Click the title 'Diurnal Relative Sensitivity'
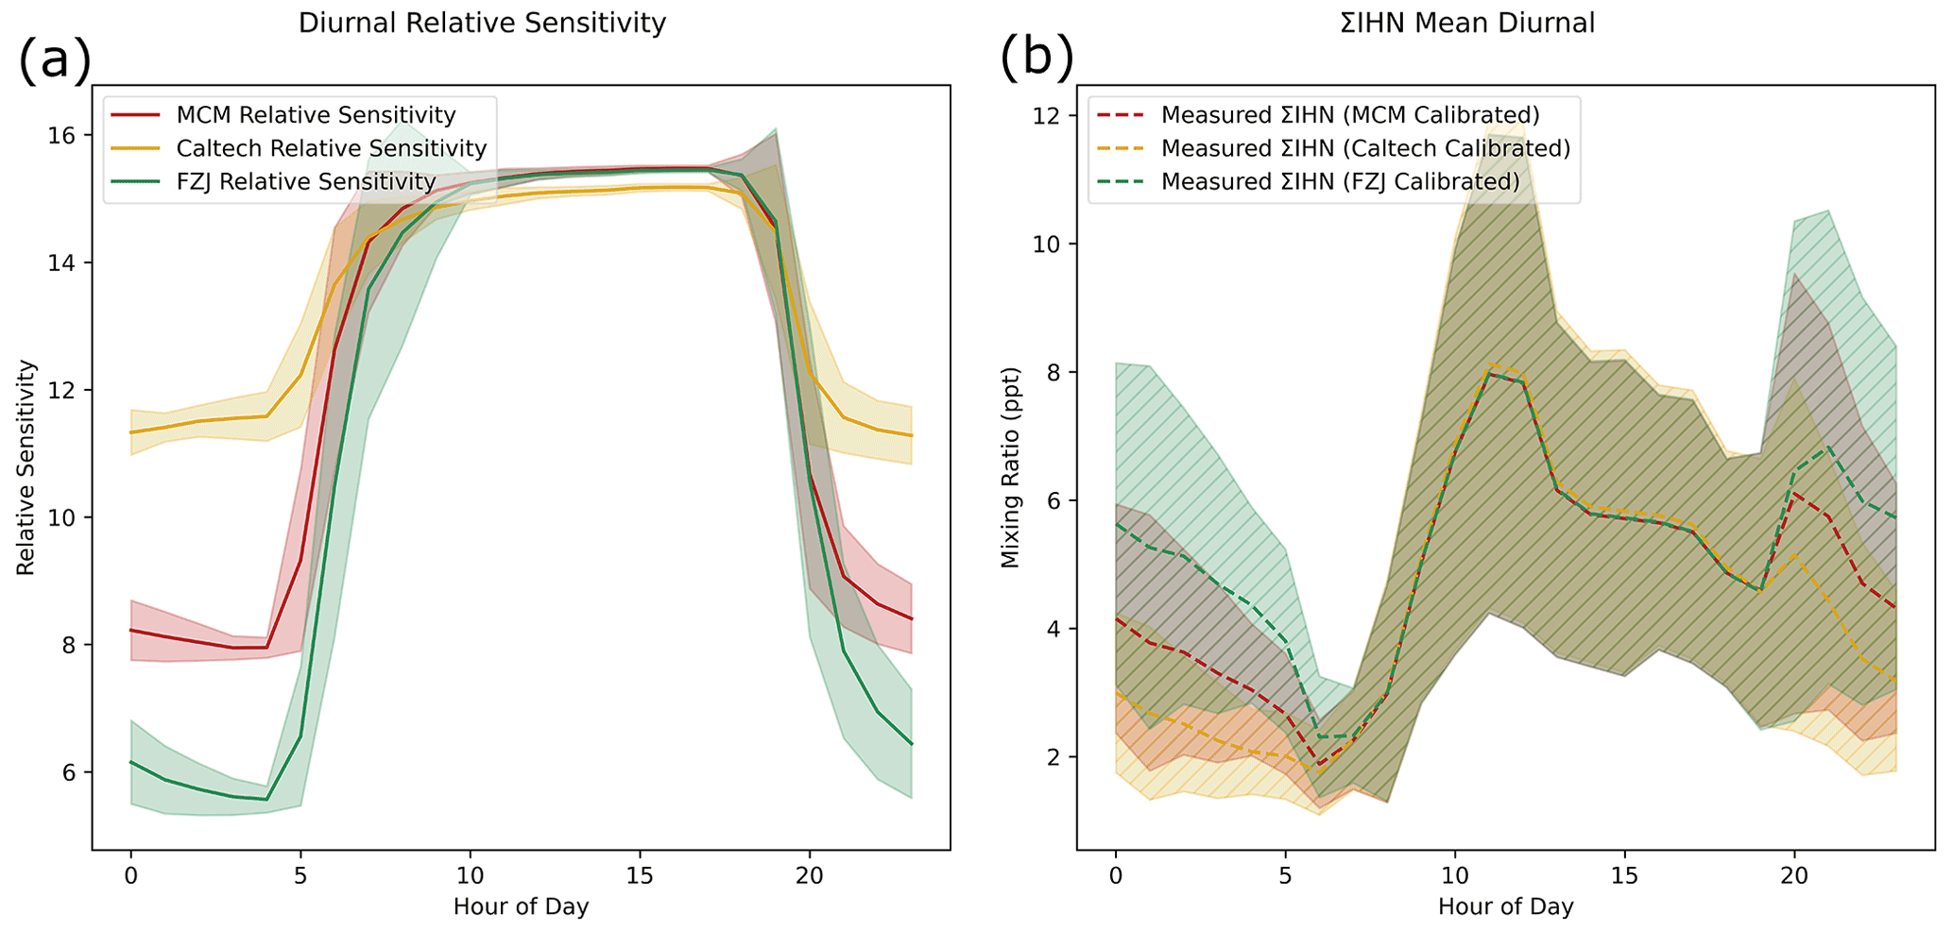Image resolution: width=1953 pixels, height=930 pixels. (482, 23)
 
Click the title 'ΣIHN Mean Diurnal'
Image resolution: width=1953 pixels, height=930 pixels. (1467, 23)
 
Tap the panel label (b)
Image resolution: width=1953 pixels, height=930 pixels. (1036, 60)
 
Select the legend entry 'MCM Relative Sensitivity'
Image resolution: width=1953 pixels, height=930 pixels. (316, 115)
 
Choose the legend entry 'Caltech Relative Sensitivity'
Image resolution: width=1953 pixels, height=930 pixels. (331, 148)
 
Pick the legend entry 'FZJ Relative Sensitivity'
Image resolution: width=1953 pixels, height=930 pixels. (306, 181)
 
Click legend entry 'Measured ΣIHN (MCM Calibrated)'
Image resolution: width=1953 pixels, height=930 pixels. (1350, 115)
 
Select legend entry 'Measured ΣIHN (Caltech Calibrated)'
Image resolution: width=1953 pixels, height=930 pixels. (1365, 148)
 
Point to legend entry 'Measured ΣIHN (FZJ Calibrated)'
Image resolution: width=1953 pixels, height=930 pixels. (1340, 181)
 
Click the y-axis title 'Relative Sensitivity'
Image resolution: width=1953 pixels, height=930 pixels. (26, 466)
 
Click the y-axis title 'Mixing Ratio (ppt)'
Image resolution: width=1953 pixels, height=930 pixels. (1011, 466)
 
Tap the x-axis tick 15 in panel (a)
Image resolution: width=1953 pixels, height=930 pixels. (640, 875)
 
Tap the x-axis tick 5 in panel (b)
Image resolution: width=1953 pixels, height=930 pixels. (1285, 875)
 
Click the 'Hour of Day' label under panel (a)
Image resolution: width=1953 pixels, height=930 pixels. (521, 907)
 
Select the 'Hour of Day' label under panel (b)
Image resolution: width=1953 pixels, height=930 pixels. (1505, 907)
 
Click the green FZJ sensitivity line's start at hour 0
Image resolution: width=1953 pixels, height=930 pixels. (131, 762)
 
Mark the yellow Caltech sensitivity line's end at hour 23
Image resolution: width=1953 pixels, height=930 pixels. (911, 435)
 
